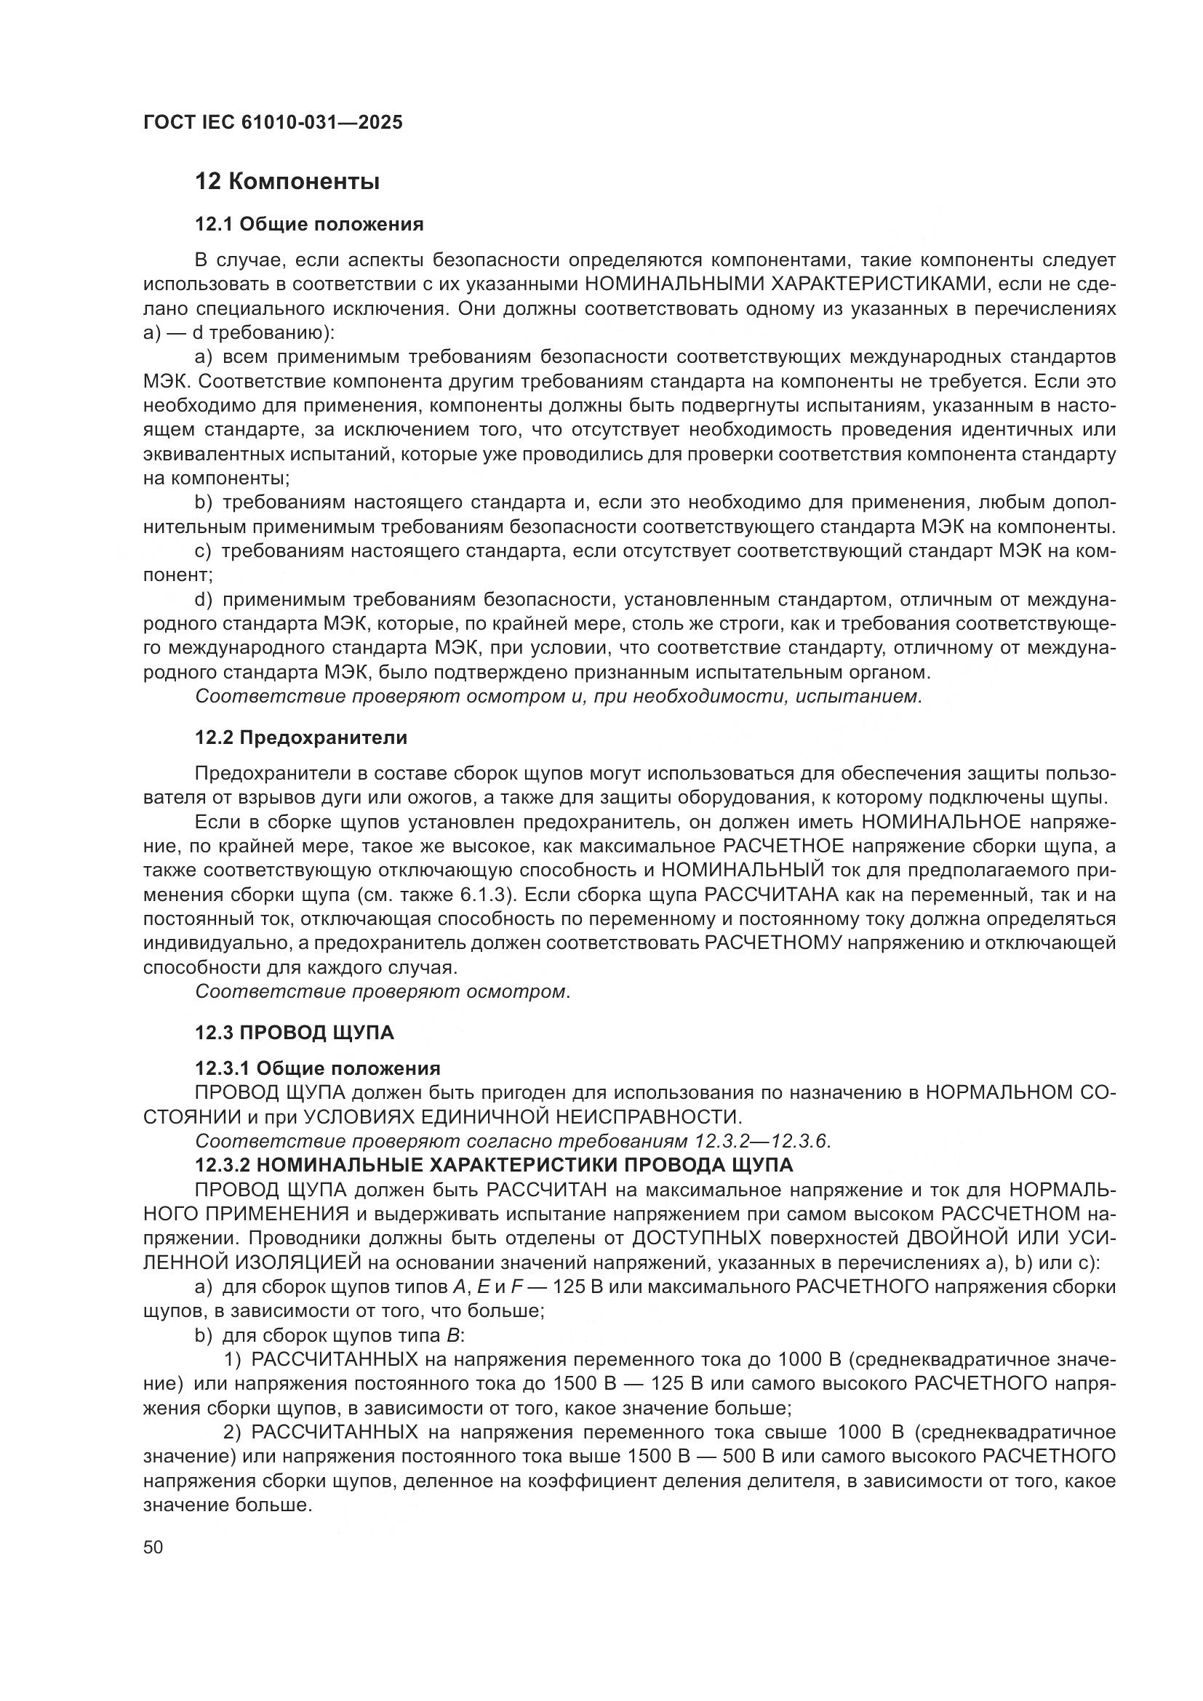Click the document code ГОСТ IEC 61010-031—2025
tap(273, 123)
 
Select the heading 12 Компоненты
tap(287, 182)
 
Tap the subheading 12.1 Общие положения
tap(309, 225)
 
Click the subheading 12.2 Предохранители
tap(301, 738)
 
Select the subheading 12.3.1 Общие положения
tap(317, 1068)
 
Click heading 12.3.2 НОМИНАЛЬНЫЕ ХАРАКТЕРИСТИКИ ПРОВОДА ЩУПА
tap(493, 1165)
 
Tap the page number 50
tap(153, 1547)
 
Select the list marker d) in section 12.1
tap(204, 599)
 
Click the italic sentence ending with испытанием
tap(559, 697)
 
